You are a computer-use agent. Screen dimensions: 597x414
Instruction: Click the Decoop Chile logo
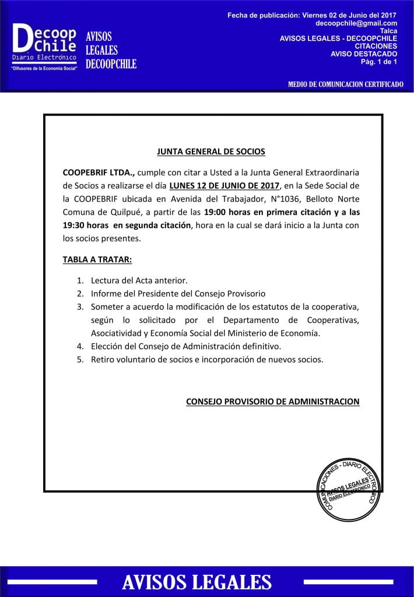point(44,43)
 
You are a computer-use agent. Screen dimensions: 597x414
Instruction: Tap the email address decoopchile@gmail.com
point(356,23)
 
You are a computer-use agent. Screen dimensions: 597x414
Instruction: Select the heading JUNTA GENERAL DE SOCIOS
point(211,152)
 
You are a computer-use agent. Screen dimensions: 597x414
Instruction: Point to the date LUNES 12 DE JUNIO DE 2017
point(224,186)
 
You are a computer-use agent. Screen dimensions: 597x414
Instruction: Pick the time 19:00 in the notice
point(216,212)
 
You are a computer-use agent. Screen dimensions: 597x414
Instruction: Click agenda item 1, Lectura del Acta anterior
point(139,280)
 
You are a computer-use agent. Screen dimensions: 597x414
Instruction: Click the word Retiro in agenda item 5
point(103,360)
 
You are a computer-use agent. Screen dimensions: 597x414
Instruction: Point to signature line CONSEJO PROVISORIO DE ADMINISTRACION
point(272,402)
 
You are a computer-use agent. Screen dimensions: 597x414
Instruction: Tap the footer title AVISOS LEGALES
point(197,581)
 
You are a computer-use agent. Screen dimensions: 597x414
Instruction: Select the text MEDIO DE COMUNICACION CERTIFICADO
point(345,85)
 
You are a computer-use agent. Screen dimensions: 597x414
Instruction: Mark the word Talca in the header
point(388,30)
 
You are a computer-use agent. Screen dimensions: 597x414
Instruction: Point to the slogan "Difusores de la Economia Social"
point(44,69)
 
